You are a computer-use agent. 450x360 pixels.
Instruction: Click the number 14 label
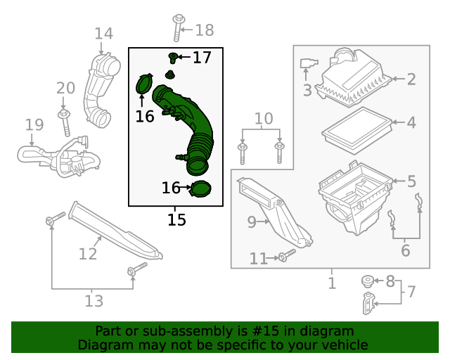103,33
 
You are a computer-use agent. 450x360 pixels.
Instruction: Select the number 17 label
202,57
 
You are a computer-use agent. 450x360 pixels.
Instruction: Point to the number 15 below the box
176,219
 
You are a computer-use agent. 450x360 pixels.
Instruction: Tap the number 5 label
411,182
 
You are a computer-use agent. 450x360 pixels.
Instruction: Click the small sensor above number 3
307,65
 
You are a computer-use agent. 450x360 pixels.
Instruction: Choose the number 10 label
263,119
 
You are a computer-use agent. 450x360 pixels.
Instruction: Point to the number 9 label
252,222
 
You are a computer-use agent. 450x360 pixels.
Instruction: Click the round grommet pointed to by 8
367,281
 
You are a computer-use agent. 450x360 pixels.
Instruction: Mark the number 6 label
406,251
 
